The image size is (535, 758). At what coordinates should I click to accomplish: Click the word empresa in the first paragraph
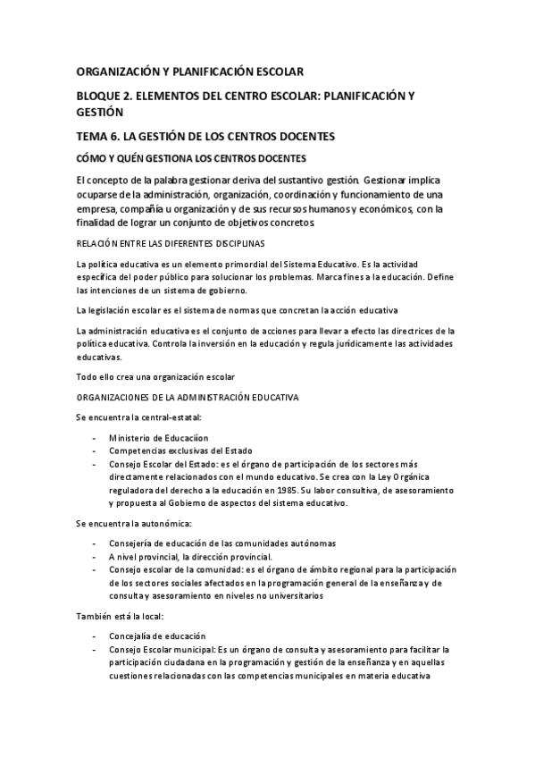click(x=99, y=208)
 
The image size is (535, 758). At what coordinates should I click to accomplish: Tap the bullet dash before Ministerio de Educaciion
click(x=96, y=439)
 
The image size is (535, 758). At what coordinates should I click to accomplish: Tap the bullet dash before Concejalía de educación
click(x=96, y=636)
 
